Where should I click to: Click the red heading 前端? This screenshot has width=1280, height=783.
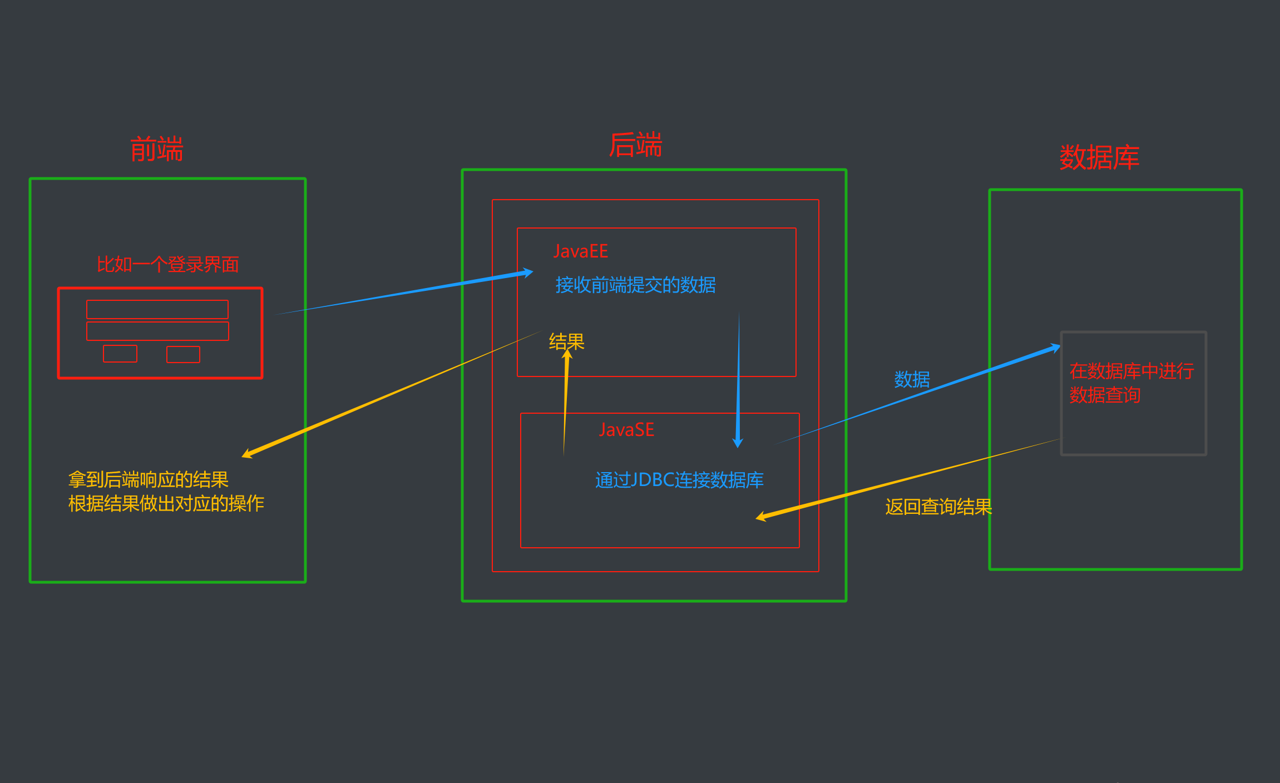coord(156,150)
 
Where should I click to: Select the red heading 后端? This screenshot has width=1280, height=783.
coord(635,145)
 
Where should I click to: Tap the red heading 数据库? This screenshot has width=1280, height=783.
coord(1099,157)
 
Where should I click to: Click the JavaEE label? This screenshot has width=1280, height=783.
coord(580,251)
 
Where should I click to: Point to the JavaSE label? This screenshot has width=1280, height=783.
coord(626,430)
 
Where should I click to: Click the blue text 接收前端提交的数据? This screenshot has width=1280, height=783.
coord(635,285)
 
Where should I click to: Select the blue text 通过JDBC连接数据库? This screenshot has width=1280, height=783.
coord(679,480)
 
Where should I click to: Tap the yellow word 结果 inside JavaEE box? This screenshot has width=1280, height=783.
coord(566,341)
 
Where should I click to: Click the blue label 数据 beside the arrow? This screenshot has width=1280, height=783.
coord(912,380)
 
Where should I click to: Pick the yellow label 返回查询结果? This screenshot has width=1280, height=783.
coord(938,507)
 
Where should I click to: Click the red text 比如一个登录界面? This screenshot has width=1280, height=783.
coord(167,265)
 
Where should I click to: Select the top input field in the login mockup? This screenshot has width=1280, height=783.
coord(157,309)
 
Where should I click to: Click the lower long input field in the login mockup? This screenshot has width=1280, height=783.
coord(157,331)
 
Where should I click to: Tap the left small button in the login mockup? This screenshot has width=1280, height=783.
coord(120,354)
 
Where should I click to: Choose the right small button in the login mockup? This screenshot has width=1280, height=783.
coord(183,354)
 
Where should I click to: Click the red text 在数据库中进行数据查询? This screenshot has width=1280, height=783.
coord(1131,383)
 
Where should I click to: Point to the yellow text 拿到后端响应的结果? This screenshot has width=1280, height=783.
coord(149,479)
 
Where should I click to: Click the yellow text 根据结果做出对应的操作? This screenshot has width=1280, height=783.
coord(166,503)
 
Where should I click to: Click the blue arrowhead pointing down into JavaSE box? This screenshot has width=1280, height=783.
coord(738,443)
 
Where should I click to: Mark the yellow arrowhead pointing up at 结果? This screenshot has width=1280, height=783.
coord(567,354)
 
